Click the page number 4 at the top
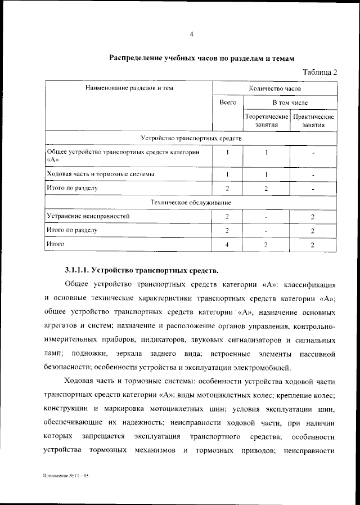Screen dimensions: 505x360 tap(192, 34)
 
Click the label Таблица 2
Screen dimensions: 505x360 tap(319, 71)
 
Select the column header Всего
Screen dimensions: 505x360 tap(227, 103)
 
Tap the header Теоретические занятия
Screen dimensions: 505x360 tap(266, 120)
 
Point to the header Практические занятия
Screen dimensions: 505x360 tap(313, 120)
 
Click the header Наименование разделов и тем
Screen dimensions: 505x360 tap(129, 89)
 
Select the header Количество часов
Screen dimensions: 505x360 tap(275, 89)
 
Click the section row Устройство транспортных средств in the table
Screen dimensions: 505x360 tap(191, 138)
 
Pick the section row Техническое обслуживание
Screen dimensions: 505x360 tap(191, 202)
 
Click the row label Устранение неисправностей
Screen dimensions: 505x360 tap(89, 216)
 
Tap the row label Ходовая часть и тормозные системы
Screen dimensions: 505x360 tap(101, 175)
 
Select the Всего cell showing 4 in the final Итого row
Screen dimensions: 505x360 tap(227, 245)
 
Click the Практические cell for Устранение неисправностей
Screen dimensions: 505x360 tap(313, 217)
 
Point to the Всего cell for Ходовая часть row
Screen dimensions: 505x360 tap(227, 175)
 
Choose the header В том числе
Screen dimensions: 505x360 tap(290, 103)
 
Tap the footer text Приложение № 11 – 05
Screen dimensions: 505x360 tap(66, 476)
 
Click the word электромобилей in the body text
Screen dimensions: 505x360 tap(260, 368)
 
